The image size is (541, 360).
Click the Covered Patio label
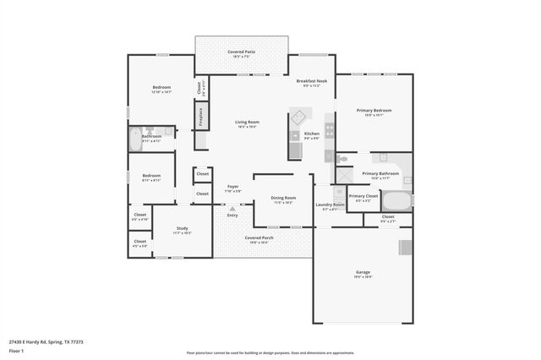(x=242, y=53)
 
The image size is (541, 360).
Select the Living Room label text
(x=247, y=123)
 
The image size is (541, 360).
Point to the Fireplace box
(x=200, y=117)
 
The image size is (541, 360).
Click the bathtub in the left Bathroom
(x=135, y=139)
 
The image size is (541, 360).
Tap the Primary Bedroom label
(x=374, y=112)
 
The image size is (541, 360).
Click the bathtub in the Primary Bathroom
(x=396, y=201)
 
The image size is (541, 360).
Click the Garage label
(x=363, y=274)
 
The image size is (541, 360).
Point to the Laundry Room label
(x=330, y=205)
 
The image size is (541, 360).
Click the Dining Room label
(x=283, y=199)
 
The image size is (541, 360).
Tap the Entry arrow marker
(x=232, y=208)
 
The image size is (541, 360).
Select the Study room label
(x=182, y=230)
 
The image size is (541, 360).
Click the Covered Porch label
(x=259, y=239)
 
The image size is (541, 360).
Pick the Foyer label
(x=232, y=188)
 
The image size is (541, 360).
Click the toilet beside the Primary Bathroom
(x=342, y=158)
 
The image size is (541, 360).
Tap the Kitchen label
(x=311, y=135)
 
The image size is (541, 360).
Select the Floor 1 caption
(x=17, y=351)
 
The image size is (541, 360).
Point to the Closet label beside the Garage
(x=387, y=218)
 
